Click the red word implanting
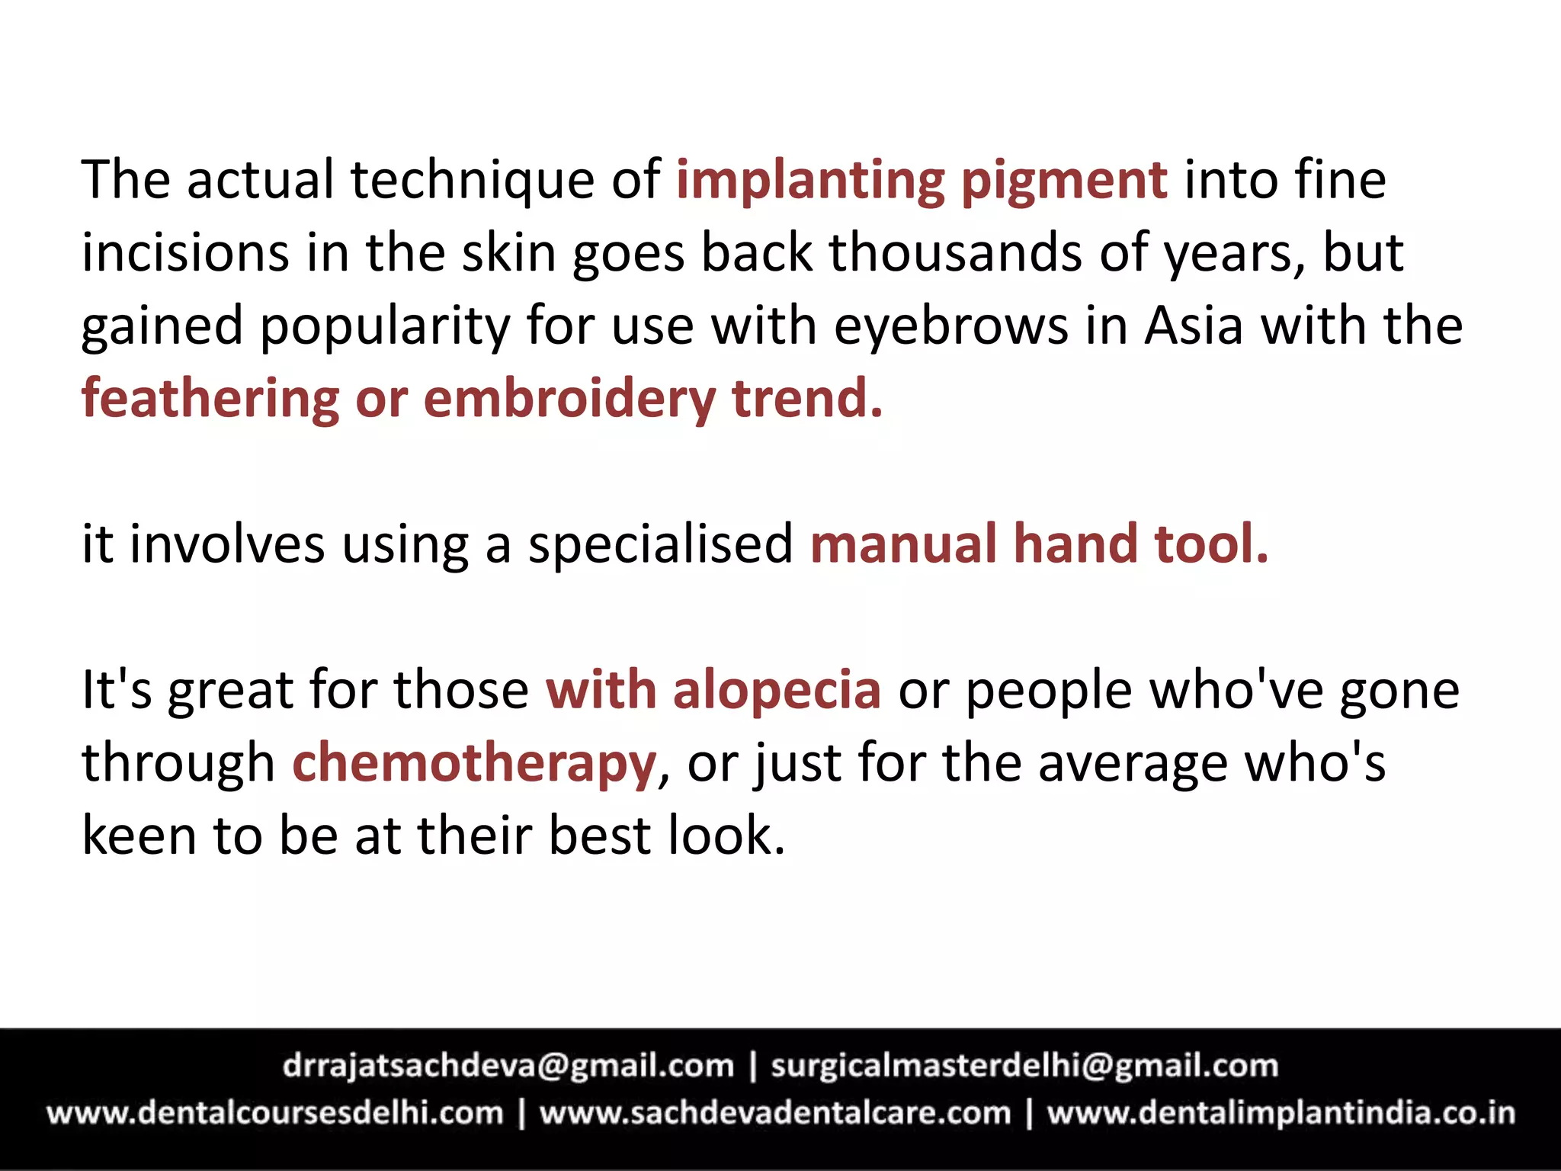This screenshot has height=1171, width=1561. (x=810, y=181)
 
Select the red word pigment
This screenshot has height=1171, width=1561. (x=1064, y=182)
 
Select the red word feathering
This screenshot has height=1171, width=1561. (x=210, y=399)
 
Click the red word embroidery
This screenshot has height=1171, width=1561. (x=569, y=399)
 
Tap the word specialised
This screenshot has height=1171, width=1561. (x=661, y=546)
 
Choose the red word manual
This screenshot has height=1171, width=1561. (x=903, y=544)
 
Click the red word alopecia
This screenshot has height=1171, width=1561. (x=777, y=691)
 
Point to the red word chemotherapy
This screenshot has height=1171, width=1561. (x=474, y=764)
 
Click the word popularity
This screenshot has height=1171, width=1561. (x=385, y=327)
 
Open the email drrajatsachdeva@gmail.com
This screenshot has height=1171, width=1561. (x=508, y=1066)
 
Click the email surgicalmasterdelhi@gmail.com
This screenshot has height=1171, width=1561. (x=1024, y=1066)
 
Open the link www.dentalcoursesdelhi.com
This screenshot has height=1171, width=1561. (x=275, y=1113)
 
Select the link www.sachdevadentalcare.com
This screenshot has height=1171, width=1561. (x=775, y=1113)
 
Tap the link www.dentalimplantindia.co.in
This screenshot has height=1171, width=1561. (x=1281, y=1113)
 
